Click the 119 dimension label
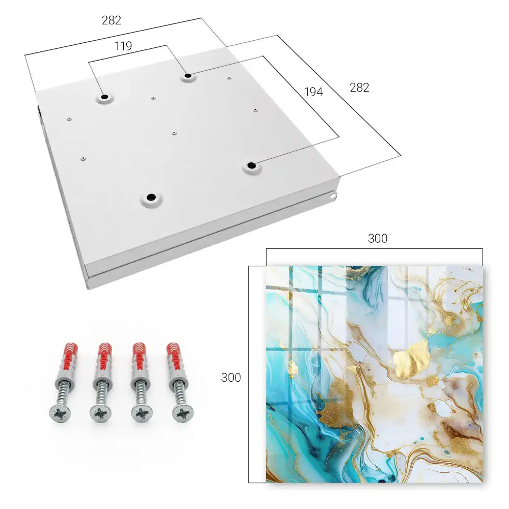pyautogui.click(x=123, y=46)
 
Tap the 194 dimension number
pyautogui.click(x=314, y=92)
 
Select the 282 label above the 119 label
pyautogui.click(x=111, y=20)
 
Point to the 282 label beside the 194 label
pyautogui.click(x=359, y=88)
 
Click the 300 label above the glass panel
pyautogui.click(x=378, y=239)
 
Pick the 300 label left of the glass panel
pyautogui.click(x=231, y=378)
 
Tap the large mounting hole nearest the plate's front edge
pyautogui.click(x=151, y=197)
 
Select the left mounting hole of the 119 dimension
pyautogui.click(x=104, y=97)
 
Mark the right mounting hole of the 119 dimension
pyautogui.click(x=188, y=76)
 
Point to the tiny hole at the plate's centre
pyautogui.click(x=174, y=133)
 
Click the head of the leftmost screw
pyautogui.click(x=60, y=413)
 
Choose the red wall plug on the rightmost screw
pyautogui.click(x=174, y=358)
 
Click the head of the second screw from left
pyautogui.click(x=101, y=413)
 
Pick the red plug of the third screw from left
pyautogui.click(x=140, y=358)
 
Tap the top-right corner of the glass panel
pyautogui.click(x=483, y=266)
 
